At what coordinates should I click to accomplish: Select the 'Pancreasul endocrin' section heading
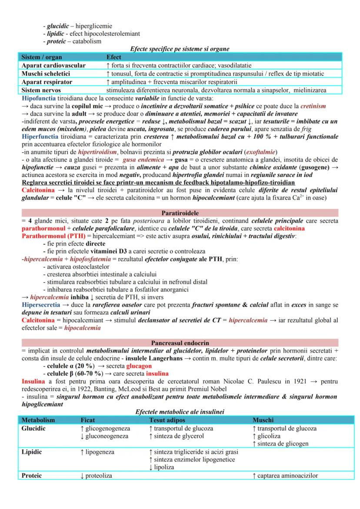point(180,343)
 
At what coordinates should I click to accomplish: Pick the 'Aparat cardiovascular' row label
point(53,65)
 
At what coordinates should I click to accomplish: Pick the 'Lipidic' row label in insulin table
point(32,452)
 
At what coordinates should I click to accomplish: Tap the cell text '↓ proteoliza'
point(96,476)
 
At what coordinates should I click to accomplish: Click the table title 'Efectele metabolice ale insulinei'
point(180,412)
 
